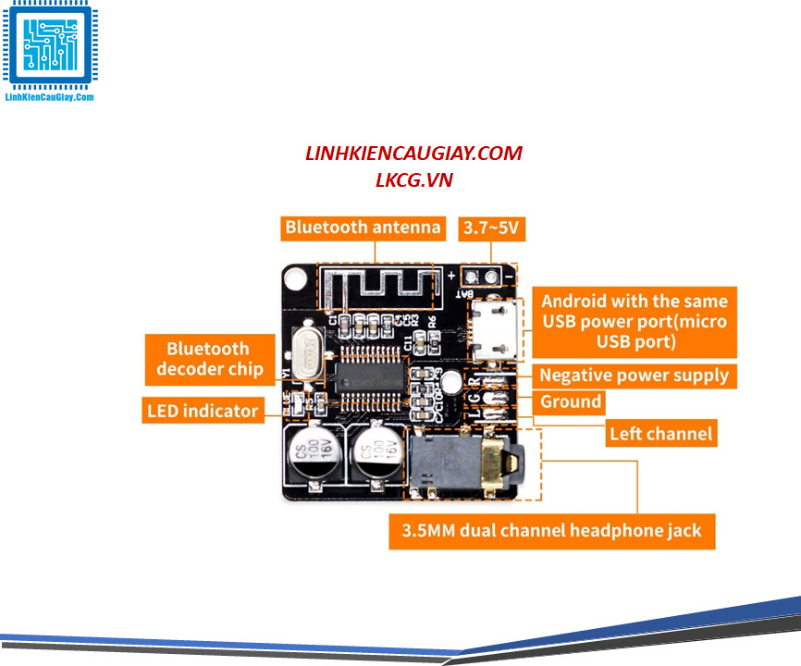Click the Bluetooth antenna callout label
tap(363, 228)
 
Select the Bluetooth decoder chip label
tap(208, 359)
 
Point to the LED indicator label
tap(202, 410)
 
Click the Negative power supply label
tap(635, 376)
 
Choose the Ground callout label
tap(571, 402)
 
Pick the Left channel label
tap(660, 433)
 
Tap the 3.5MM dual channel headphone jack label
tap(551, 531)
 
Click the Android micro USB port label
tap(635, 321)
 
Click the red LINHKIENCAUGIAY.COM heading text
tap(413, 154)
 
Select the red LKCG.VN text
tap(413, 179)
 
